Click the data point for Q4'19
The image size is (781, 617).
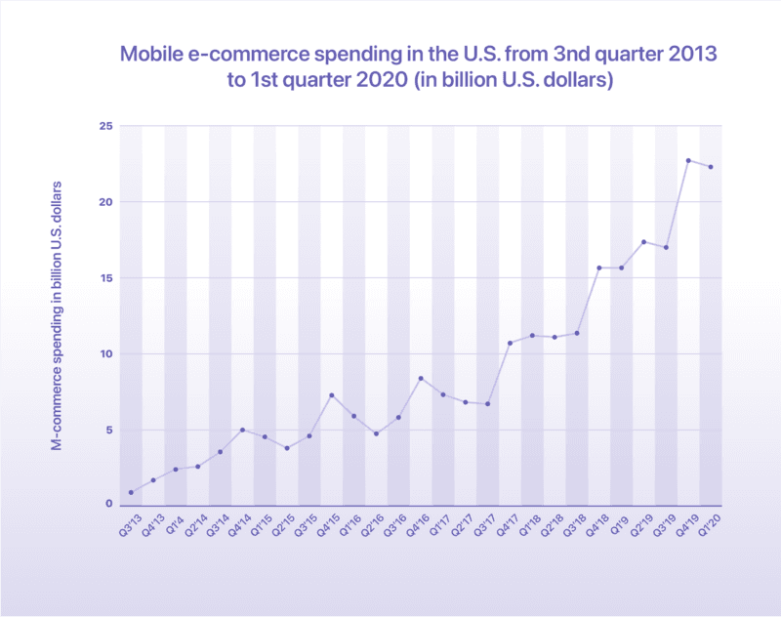(688, 160)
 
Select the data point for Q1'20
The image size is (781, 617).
(711, 167)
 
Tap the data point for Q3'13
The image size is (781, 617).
(131, 492)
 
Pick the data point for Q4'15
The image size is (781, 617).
(332, 395)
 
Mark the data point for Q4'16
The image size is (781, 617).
(421, 378)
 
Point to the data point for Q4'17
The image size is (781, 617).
(510, 343)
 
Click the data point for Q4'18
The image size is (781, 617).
(599, 267)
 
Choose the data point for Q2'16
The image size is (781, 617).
(376, 433)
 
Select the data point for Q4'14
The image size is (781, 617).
(242, 430)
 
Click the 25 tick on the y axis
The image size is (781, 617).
(107, 127)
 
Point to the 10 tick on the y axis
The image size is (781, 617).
(107, 353)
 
